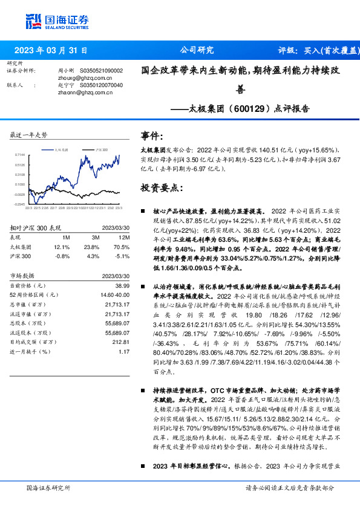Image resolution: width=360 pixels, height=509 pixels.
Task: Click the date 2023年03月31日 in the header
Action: [x=51, y=51]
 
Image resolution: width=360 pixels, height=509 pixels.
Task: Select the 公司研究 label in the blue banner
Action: [x=197, y=51]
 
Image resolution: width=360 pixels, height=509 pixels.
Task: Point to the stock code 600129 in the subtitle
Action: [x=234, y=109]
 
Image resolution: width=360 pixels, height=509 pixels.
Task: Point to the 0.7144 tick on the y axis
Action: [x=21, y=155]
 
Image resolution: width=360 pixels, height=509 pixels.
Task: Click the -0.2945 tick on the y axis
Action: [x=20, y=204]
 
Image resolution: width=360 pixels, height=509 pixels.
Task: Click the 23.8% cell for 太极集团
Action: [x=91, y=247]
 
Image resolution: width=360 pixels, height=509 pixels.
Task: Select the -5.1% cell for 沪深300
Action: [x=122, y=256]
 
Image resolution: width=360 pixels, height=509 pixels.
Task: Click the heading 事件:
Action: [x=152, y=136]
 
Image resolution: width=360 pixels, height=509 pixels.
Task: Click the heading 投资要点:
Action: [x=162, y=188]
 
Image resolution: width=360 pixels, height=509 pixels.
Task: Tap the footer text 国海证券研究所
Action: [x=49, y=487]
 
